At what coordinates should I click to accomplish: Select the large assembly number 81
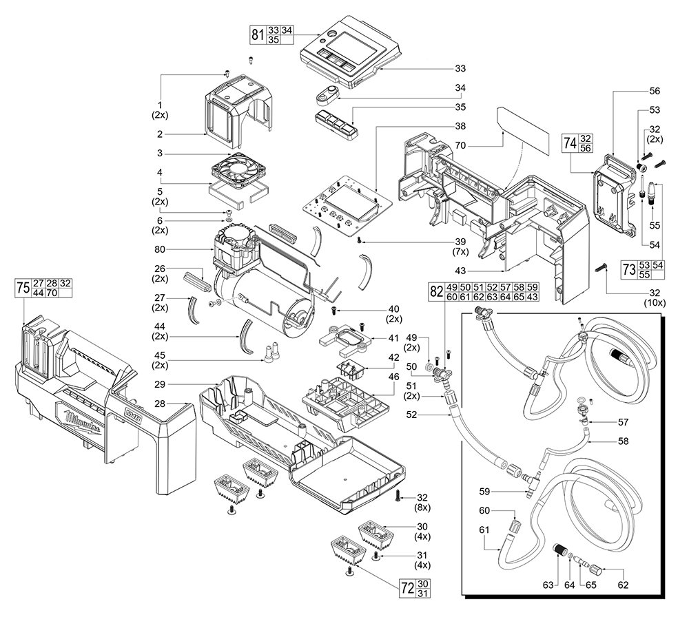(257, 35)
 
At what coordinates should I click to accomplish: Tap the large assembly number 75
(23, 288)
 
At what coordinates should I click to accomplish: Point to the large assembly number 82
(435, 291)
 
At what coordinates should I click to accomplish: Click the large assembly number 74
(570, 143)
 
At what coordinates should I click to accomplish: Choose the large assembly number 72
(408, 589)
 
